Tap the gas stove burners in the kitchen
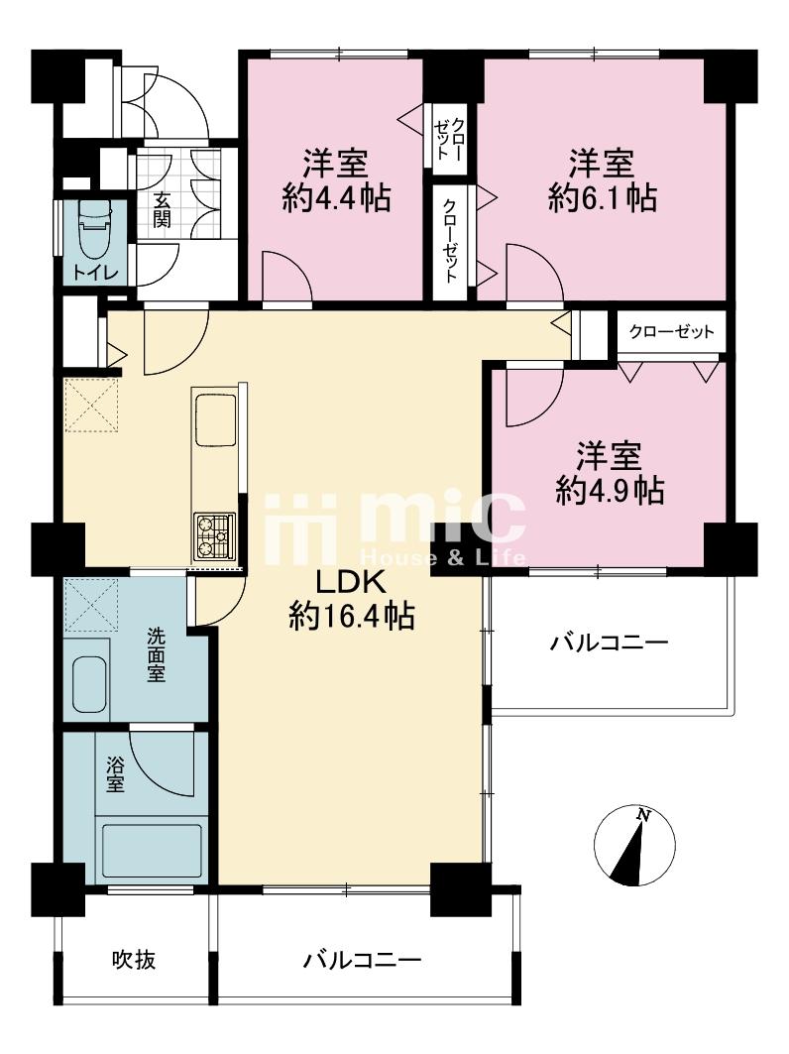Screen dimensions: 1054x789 (214, 537)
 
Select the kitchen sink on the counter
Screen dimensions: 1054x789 (215, 420)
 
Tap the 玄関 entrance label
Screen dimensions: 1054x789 (162, 209)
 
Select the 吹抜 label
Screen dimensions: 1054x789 (132, 960)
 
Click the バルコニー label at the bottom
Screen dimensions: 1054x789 (363, 960)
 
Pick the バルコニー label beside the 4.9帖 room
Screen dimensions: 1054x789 (610, 643)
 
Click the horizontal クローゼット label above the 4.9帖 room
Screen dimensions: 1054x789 (671, 331)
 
